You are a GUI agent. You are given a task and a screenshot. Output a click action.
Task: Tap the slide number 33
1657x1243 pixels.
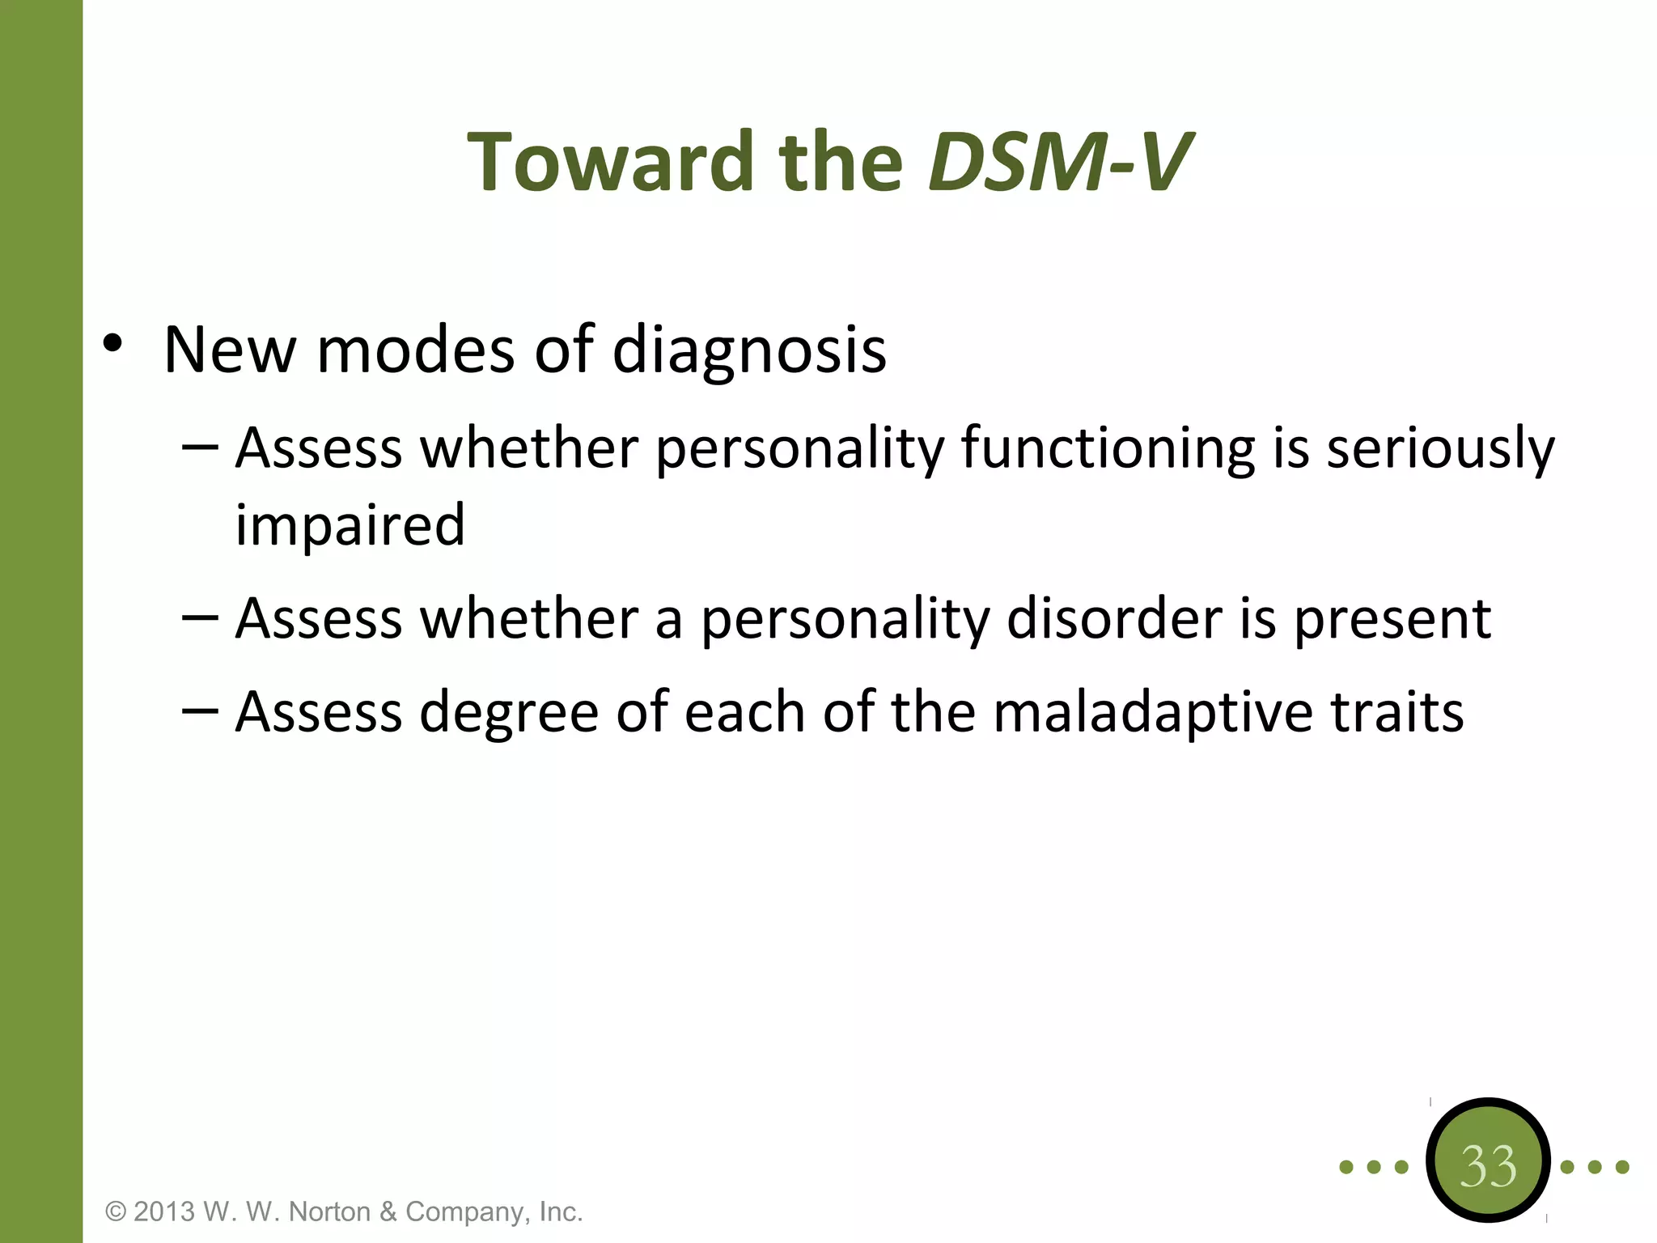(1488, 1166)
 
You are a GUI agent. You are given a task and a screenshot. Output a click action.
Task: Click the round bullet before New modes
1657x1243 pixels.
(112, 344)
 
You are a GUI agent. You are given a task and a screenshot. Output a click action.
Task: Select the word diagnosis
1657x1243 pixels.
(749, 350)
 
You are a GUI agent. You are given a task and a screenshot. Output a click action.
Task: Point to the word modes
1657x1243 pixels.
(416, 350)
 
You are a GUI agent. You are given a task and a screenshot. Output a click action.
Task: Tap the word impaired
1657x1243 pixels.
(350, 526)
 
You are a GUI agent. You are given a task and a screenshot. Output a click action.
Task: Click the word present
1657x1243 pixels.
(1392, 619)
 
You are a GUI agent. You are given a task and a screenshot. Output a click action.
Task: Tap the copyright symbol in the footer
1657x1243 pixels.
(117, 1211)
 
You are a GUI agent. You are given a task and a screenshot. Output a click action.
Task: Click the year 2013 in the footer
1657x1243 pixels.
(164, 1211)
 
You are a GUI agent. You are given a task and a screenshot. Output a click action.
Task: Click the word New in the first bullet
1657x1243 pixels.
(230, 350)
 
